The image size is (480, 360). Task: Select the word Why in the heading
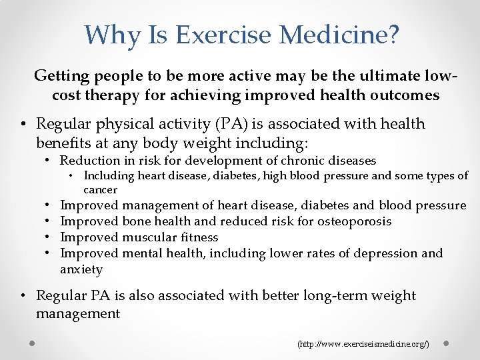109,34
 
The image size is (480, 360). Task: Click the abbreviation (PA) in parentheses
189,124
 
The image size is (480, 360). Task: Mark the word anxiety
81,270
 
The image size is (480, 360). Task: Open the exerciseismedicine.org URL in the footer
363,344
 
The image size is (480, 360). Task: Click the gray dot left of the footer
32,343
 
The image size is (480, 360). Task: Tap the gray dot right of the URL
447,343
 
